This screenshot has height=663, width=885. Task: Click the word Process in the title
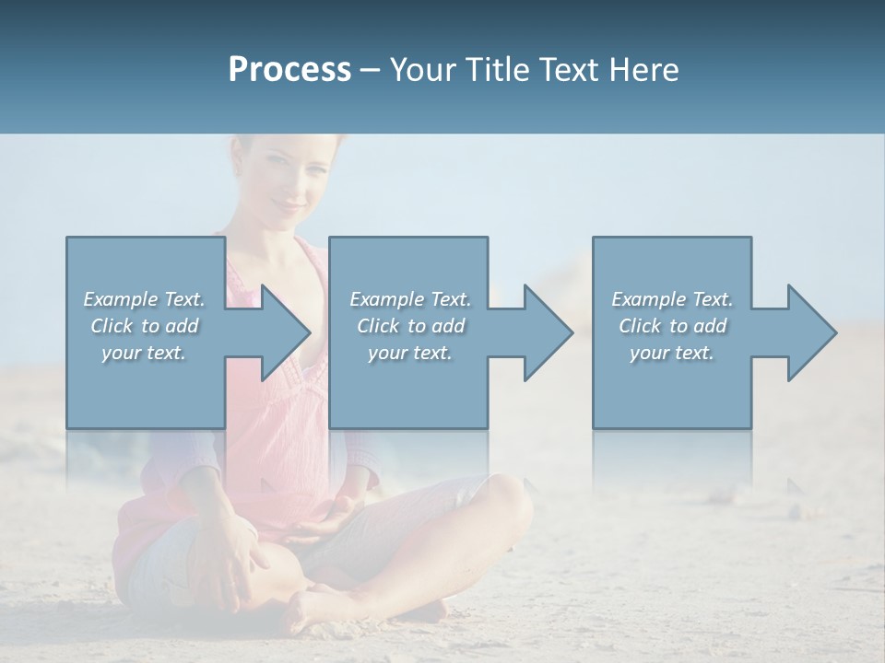click(289, 70)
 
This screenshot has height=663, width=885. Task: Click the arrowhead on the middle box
click(542, 332)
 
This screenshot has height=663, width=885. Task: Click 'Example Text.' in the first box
click(145, 299)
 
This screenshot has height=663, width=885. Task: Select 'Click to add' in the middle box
click(410, 326)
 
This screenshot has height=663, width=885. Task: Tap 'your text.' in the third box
click(672, 353)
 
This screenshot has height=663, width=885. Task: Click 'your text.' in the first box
click(145, 353)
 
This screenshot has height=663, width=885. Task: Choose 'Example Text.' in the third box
click(672, 299)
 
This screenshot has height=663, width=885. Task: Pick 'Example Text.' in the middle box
click(410, 299)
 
